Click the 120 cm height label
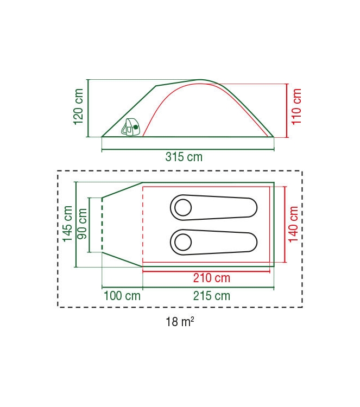(78, 107)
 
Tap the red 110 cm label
(296, 107)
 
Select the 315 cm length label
(184, 157)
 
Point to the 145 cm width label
(67, 224)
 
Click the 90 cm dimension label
(83, 224)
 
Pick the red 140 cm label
(294, 224)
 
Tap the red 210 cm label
(212, 278)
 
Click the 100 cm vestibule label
(122, 296)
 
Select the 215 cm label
(212, 296)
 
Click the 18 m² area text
(180, 322)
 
